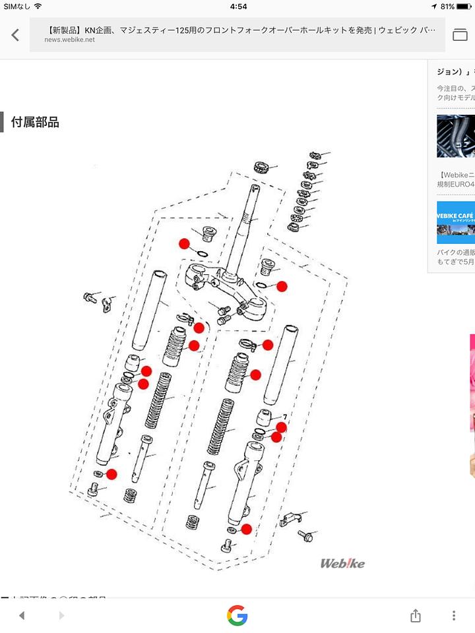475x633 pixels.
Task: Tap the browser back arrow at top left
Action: tap(15, 35)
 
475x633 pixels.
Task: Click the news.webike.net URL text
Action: tap(69, 40)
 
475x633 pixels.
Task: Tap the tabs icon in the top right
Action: tap(459, 35)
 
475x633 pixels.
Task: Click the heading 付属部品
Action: tap(35, 122)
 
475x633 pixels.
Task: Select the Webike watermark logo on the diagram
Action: tap(342, 563)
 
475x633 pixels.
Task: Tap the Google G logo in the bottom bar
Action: tap(237, 615)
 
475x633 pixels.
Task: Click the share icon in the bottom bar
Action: tap(415, 615)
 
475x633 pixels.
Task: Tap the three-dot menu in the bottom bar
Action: tap(454, 615)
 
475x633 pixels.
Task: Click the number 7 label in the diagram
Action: tap(284, 417)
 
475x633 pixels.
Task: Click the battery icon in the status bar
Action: tap(464, 6)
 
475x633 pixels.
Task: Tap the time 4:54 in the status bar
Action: tap(238, 6)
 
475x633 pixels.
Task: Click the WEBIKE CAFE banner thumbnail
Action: tap(455, 223)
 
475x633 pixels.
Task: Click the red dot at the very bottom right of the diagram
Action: tap(246, 529)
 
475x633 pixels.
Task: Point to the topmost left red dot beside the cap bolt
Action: tap(184, 243)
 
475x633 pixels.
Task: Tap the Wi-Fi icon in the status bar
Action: tap(38, 6)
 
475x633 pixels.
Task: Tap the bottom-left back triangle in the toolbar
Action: tap(21, 615)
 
